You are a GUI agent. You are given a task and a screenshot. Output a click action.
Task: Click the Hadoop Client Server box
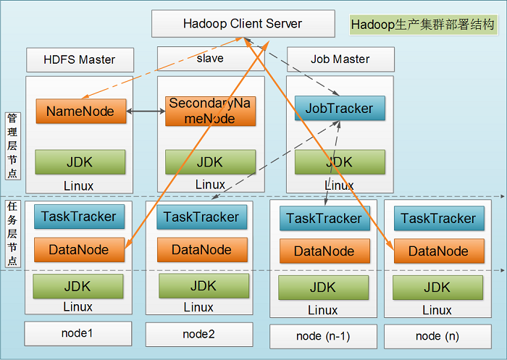pos(243,24)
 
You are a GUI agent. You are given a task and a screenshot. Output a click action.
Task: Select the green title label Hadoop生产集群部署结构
pos(423,25)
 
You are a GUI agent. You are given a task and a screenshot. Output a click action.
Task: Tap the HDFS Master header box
pos(80,60)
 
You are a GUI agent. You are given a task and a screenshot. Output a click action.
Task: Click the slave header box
pos(211,59)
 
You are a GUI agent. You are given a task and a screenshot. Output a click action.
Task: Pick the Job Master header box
pos(340,59)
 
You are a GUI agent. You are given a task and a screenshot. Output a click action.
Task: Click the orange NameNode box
pos(81,112)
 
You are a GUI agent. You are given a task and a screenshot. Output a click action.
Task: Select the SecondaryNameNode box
pos(210,111)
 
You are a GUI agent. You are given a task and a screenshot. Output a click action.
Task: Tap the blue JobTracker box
pos(340,108)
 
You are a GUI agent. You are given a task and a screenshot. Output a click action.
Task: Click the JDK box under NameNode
pos(80,162)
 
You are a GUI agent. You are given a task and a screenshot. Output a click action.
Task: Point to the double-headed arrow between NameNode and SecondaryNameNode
pos(146,112)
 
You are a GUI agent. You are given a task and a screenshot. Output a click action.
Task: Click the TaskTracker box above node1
pos(79,217)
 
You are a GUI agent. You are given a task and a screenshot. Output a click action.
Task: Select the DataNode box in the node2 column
pos(202,250)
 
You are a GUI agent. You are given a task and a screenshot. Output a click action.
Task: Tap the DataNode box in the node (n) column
pos(439,251)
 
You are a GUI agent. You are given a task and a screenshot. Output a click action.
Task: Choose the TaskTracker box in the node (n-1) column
pos(324,218)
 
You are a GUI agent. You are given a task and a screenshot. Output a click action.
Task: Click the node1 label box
pos(78,333)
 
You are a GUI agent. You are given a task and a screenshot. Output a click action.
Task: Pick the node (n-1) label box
pos(323,336)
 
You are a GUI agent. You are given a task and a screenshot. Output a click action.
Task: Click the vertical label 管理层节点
pos(12,146)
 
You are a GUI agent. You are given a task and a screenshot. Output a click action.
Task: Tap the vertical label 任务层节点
pos(12,233)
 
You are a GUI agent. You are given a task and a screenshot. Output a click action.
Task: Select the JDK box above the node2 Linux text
pos(204,286)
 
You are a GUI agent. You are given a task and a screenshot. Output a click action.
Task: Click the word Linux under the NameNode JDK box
pos(78,186)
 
